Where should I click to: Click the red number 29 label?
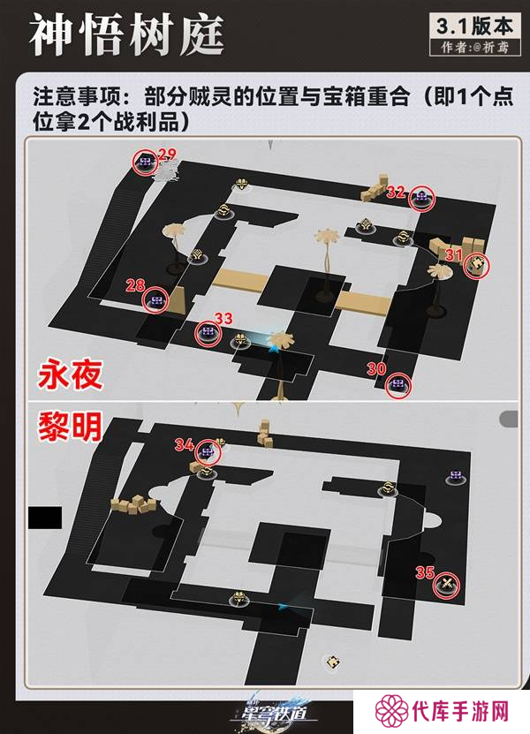point(167,155)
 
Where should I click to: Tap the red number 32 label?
point(396,190)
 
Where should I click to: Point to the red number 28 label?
point(135,284)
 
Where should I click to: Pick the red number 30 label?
point(375,369)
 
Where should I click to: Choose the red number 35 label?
point(425,571)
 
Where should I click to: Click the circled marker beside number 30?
point(399,384)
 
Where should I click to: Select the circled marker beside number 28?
point(157,301)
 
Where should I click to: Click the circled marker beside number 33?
point(209,332)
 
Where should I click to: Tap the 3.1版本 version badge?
point(472,26)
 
